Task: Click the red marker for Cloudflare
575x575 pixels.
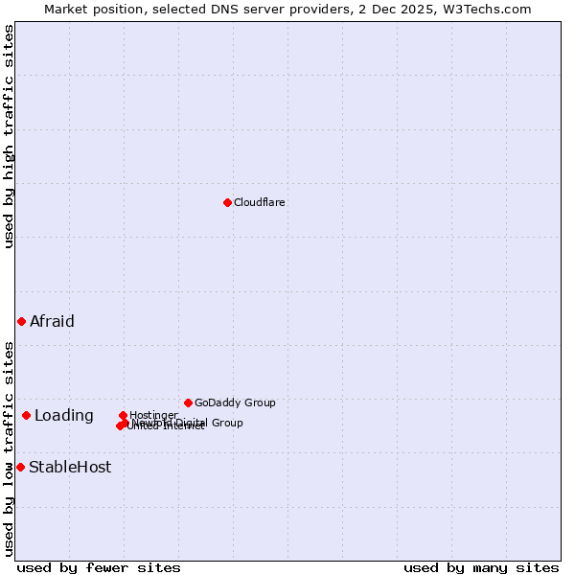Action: click(x=227, y=202)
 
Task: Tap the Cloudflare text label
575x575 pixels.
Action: click(x=260, y=202)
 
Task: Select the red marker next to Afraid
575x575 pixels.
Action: click(x=21, y=321)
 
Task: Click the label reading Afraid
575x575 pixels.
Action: click(x=52, y=321)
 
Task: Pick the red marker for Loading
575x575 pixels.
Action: click(x=26, y=415)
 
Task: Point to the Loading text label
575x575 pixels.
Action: click(x=64, y=415)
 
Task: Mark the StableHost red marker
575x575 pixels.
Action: click(x=20, y=467)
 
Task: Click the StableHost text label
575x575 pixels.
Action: click(x=70, y=468)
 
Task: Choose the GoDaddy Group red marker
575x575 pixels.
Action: click(x=188, y=402)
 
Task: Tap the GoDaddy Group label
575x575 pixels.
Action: click(x=235, y=402)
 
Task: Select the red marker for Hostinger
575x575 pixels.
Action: click(x=123, y=415)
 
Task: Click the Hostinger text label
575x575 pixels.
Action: click(x=153, y=415)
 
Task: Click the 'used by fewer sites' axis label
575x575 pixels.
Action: click(x=99, y=567)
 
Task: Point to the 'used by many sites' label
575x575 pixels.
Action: click(x=481, y=567)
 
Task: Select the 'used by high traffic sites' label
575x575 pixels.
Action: click(x=9, y=137)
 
